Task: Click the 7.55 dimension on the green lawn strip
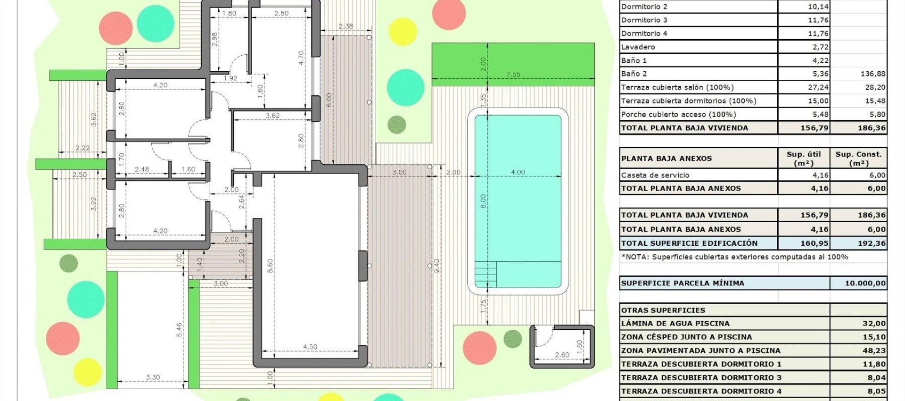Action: [x=513, y=74]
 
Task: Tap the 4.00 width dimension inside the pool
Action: [x=518, y=172]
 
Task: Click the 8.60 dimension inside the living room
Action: [x=270, y=266]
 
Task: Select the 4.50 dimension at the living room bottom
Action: [x=310, y=347]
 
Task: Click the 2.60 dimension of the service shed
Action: [x=562, y=355]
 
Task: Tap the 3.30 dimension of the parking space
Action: [x=153, y=377]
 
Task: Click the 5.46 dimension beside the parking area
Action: [x=179, y=330]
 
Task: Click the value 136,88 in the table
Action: [x=872, y=74]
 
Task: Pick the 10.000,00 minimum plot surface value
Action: [x=865, y=283]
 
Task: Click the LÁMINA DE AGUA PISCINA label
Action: [x=675, y=324]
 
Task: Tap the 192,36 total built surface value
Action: [x=872, y=243]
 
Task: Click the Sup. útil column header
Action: [x=803, y=159]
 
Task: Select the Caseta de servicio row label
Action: [x=655, y=175]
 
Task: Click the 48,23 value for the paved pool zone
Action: [x=874, y=351]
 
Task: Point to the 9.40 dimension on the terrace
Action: [x=436, y=266]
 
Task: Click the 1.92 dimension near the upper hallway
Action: [x=230, y=78]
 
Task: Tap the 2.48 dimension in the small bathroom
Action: [x=141, y=169]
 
